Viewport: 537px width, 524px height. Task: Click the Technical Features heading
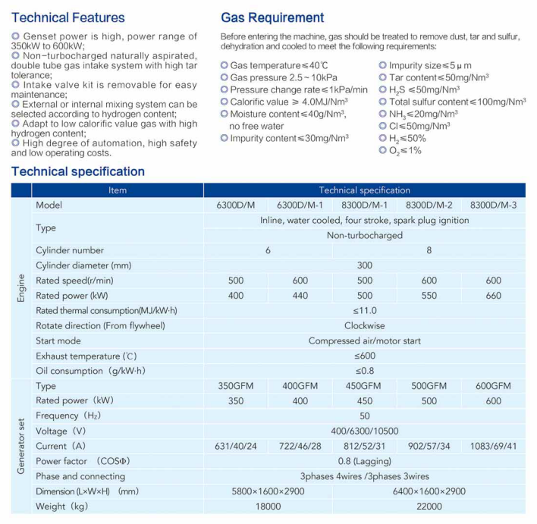[68, 17]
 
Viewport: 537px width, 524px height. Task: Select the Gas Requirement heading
[272, 17]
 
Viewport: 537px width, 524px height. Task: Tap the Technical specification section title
[78, 171]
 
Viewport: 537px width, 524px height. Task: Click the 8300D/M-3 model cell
[493, 206]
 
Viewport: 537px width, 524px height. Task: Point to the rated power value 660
[493, 296]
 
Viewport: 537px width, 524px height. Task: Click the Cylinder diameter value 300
[364, 265]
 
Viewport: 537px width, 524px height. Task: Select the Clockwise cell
[364, 326]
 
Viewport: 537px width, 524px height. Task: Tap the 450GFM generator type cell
[364, 386]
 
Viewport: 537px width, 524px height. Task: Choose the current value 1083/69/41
[493, 446]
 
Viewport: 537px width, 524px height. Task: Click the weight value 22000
[429, 507]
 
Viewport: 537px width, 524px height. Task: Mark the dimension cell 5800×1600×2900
[268, 491]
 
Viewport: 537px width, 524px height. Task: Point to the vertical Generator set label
[21, 446]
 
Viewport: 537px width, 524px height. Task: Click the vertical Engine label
[21, 288]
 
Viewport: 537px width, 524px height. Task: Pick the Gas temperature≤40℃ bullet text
[275, 66]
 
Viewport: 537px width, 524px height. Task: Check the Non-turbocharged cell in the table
[364, 235]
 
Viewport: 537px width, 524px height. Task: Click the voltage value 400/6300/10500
[364, 431]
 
